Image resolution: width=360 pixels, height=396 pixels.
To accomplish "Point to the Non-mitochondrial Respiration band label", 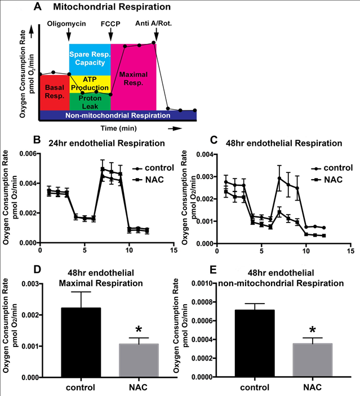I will coord(117,115).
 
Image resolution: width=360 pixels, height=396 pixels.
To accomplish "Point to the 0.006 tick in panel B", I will coord(27,154).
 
